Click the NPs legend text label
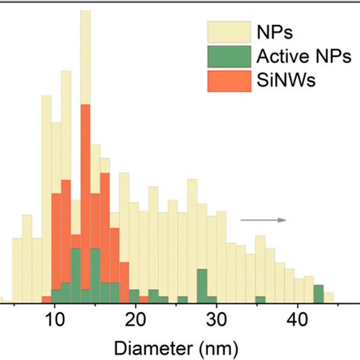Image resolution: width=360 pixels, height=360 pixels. pos(275,32)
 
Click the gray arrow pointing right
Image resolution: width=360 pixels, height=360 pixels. pos(263,220)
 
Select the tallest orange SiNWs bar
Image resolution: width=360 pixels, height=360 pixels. pos(85,197)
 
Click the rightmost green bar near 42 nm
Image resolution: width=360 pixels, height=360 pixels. pos(318,292)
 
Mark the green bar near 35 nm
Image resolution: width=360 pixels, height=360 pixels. pos(261,296)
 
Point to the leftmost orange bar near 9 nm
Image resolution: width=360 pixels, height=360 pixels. pos(46,297)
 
